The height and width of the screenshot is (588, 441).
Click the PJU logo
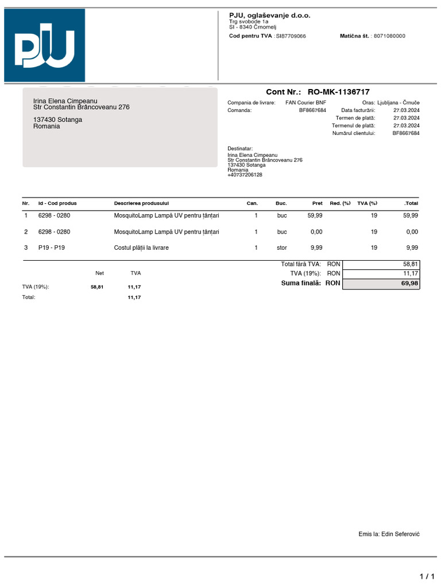(x=45, y=46)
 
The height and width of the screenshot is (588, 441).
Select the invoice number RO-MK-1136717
(x=338, y=92)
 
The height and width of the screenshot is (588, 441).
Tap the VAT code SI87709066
(x=291, y=36)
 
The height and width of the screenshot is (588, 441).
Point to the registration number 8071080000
(x=389, y=36)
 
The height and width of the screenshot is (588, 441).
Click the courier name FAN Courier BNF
(x=305, y=103)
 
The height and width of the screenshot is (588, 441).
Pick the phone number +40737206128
(x=245, y=175)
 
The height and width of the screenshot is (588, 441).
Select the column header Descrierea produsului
(x=141, y=203)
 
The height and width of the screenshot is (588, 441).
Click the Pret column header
(x=317, y=203)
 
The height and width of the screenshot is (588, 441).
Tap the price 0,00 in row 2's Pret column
(x=316, y=232)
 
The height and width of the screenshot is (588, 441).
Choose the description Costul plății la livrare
(x=141, y=248)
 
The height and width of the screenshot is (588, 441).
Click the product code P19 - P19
(x=52, y=248)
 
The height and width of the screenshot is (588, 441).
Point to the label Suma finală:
(x=302, y=284)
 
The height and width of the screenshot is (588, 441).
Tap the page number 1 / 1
(x=427, y=576)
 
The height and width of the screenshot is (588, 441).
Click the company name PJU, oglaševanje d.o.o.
(x=269, y=16)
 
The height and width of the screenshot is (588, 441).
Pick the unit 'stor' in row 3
(x=281, y=248)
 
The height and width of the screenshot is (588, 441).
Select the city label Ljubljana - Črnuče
(x=399, y=103)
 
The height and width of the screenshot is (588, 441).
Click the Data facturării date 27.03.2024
(x=406, y=110)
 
